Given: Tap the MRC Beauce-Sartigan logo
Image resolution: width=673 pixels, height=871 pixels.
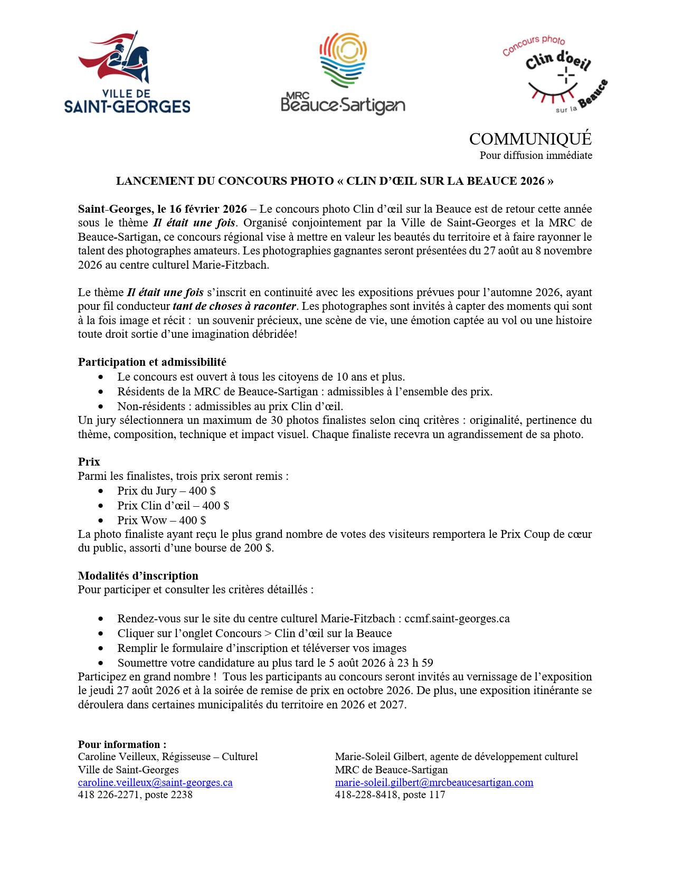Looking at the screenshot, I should coord(343,74).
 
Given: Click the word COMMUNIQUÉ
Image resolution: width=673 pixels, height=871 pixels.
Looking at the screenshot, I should coord(530,139).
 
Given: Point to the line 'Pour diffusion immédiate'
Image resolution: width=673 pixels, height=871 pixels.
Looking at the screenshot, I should coord(535,156).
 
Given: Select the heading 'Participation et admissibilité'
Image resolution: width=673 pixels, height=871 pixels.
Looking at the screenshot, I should coord(152,362).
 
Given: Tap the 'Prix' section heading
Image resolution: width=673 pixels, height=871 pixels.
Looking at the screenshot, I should coord(89,461).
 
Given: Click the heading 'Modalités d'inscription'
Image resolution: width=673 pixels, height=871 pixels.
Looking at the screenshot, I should coord(138,575).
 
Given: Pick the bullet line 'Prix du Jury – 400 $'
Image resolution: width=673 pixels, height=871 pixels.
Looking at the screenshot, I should coord(166,491).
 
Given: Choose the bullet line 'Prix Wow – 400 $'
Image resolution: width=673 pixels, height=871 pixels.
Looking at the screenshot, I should coord(162,520).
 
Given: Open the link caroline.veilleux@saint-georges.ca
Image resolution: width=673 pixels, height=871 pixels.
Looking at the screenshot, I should coord(155,783).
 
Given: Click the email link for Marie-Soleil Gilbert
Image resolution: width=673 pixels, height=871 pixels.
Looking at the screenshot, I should coord(434,783).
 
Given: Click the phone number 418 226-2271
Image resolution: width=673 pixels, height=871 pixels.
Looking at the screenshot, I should coord(108,795).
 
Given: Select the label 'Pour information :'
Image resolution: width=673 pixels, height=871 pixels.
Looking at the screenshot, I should coord(122,745).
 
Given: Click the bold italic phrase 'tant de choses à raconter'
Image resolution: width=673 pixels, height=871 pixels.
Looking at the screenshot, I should coord(235,306).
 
